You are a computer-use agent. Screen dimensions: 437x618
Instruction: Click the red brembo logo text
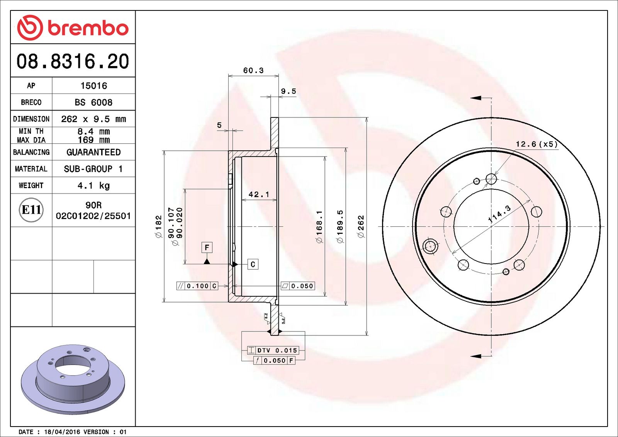88,28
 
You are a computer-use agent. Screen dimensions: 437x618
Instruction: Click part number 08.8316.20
73,61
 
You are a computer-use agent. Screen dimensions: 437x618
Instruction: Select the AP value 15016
93,86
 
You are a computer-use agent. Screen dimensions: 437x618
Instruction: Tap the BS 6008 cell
93,102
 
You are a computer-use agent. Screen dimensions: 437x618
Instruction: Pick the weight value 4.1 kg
93,185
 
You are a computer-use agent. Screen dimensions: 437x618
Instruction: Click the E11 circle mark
31,210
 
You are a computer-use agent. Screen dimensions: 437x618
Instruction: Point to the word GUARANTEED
93,152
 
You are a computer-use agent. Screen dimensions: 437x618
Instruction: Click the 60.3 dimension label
253,70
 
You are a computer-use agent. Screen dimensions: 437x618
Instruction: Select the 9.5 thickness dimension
289,91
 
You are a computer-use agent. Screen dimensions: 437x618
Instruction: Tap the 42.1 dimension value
259,194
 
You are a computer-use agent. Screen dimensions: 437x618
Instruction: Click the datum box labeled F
207,247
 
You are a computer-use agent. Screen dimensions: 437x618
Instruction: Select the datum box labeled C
253,264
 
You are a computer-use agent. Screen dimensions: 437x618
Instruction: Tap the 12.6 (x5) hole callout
537,144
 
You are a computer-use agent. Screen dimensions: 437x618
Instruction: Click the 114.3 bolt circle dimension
499,214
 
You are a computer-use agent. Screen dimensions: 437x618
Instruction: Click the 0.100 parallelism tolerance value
197,286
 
